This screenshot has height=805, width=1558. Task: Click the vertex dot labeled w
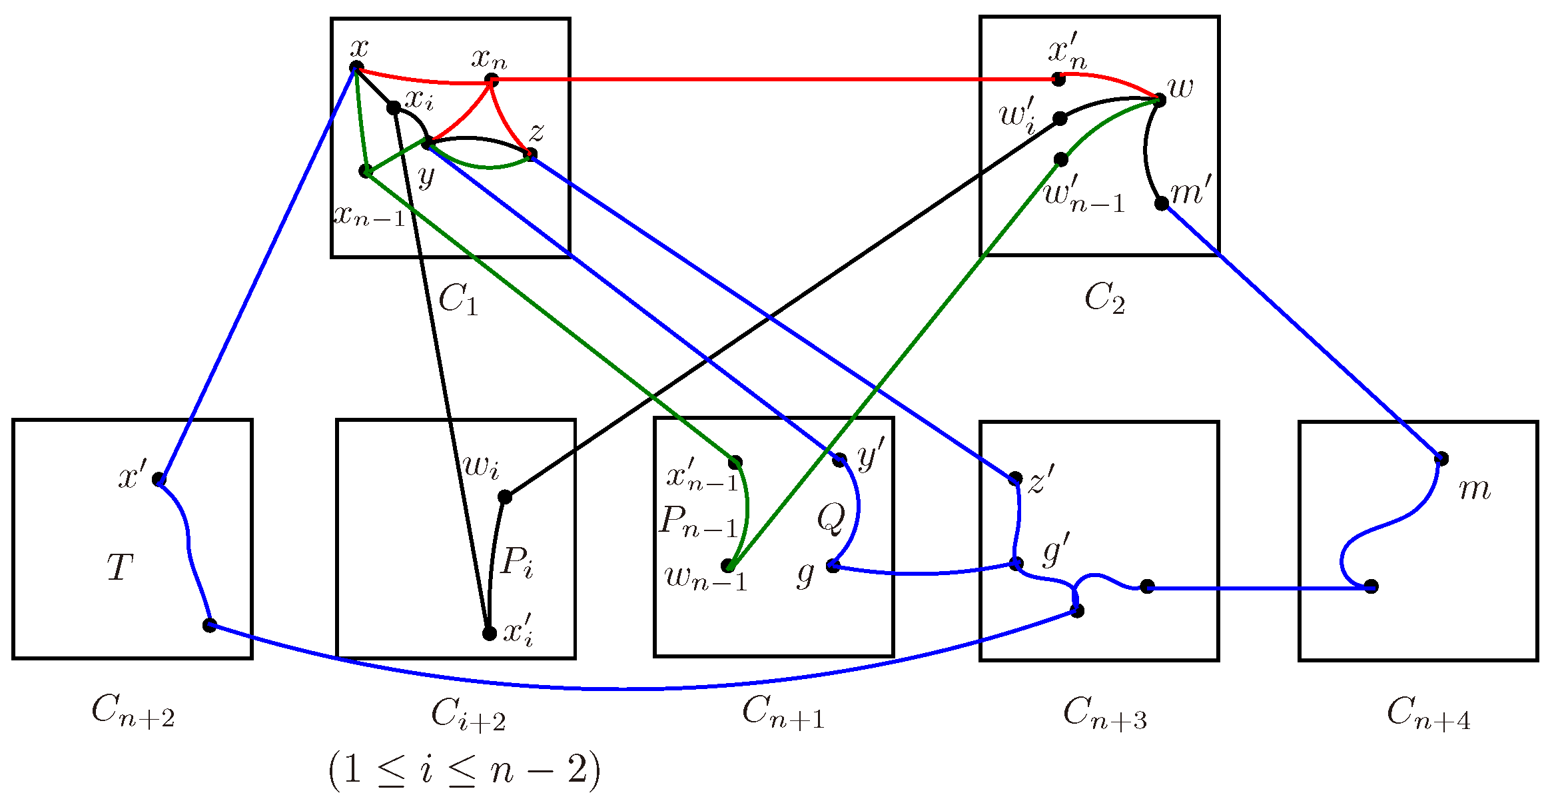(x=1159, y=100)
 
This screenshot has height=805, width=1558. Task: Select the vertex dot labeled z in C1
(x=530, y=155)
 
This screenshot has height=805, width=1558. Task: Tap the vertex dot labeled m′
(x=1162, y=203)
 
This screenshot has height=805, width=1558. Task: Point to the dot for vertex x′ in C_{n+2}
(x=159, y=479)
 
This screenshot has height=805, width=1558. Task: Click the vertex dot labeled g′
(x=1016, y=564)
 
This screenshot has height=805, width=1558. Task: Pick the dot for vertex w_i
(x=505, y=496)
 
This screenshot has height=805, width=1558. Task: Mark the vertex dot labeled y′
(x=840, y=460)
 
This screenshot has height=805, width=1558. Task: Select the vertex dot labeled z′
(x=1015, y=478)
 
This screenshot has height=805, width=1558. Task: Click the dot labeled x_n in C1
(x=492, y=81)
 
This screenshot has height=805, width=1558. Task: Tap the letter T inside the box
(x=120, y=568)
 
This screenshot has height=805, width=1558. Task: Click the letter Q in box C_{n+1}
(x=831, y=518)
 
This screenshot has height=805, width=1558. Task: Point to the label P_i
(x=517, y=561)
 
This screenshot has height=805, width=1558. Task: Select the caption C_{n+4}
(x=1428, y=713)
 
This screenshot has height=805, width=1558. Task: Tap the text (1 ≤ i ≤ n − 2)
(x=464, y=771)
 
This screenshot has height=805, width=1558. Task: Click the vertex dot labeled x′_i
(x=490, y=633)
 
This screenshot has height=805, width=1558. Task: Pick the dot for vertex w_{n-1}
(x=729, y=566)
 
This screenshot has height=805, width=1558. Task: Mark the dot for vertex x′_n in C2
(x=1058, y=79)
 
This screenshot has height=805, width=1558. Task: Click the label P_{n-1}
(x=699, y=521)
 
